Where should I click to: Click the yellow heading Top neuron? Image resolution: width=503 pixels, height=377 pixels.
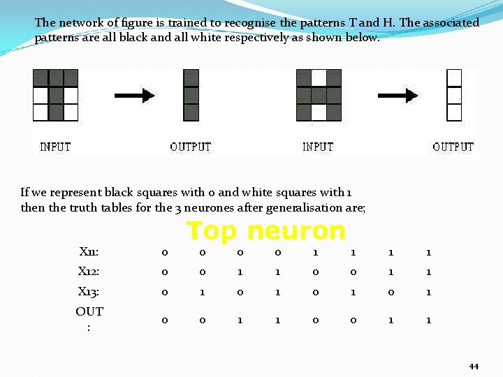point(265,230)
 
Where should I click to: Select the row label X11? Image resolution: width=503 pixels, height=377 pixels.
point(89,251)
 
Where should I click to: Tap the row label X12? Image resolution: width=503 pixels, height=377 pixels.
point(89,272)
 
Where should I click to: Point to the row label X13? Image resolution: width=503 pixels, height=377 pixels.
point(89,292)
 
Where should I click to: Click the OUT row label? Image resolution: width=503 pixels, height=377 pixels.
point(89,318)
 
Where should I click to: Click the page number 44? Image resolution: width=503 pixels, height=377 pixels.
point(474,367)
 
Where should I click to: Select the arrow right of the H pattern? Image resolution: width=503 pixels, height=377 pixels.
point(399,95)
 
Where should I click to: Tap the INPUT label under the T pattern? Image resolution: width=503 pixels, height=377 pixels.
point(55,147)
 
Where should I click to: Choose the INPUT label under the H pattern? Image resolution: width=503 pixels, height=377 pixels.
point(318,147)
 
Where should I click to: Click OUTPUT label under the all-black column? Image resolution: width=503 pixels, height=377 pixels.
point(190,147)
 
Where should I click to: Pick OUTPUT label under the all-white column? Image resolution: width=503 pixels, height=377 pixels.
point(453,147)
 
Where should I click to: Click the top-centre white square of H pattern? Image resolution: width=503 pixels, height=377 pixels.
point(319,77)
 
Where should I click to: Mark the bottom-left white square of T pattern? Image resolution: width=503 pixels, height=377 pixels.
point(41,112)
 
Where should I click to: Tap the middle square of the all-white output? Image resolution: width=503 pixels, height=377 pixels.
point(454,95)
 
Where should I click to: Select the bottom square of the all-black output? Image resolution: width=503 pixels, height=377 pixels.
point(191,112)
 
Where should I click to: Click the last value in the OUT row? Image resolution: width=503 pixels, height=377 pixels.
point(428,319)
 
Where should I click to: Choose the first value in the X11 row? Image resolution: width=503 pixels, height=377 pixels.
point(164,251)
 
